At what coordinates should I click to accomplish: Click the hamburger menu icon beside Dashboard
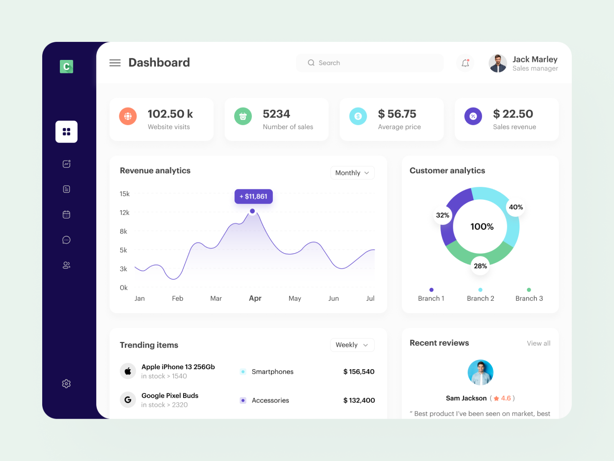point(115,63)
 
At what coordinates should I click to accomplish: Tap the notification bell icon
point(465,63)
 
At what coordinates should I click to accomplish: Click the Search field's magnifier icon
point(311,63)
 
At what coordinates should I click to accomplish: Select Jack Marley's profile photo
point(498,63)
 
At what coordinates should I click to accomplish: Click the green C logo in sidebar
point(66,66)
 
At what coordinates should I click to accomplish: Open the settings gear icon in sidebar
point(66,383)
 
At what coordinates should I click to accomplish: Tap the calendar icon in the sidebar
point(66,214)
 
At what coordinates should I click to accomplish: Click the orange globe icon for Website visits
point(128,116)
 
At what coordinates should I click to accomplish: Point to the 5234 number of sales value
point(276,114)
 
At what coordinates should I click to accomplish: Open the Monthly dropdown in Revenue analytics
point(352,173)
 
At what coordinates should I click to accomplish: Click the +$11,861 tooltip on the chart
point(253,196)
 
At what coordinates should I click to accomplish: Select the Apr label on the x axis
point(255,298)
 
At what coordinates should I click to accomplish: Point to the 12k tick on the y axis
point(124,212)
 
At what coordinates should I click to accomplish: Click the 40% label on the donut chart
point(516,207)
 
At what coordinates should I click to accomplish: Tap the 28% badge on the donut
point(480,266)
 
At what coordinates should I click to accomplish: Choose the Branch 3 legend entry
point(529,298)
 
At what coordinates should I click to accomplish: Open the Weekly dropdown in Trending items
point(352,345)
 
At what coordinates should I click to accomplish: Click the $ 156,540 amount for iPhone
point(359,371)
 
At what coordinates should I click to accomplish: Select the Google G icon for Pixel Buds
point(128,400)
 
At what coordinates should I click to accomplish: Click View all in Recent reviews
point(538,343)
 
